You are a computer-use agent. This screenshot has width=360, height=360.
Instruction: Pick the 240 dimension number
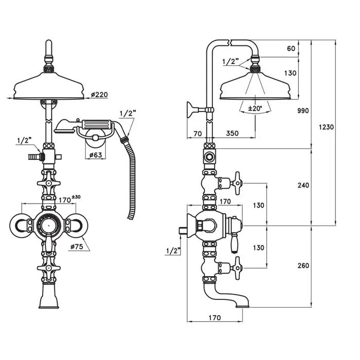303,185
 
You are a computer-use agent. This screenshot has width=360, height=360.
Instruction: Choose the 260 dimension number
303,265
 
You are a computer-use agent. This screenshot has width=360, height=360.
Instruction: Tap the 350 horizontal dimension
233,133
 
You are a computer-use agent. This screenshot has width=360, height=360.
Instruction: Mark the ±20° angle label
255,109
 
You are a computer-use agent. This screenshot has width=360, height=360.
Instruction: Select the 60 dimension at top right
291,48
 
